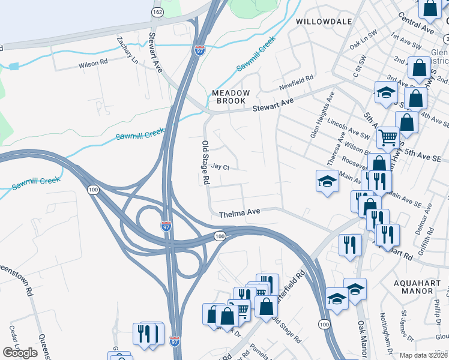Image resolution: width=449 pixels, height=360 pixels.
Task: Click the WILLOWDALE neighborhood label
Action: pos(324,21)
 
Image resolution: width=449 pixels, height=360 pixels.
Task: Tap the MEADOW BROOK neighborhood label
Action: pos(231,97)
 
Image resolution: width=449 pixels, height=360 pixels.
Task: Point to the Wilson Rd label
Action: pos(93,62)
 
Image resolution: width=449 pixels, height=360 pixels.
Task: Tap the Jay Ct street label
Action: pos(221,167)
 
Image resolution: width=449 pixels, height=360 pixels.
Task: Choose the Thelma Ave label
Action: pos(239,213)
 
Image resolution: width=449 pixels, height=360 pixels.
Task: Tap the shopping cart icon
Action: pos(388,137)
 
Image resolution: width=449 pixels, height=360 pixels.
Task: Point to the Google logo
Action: pos(20,353)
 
